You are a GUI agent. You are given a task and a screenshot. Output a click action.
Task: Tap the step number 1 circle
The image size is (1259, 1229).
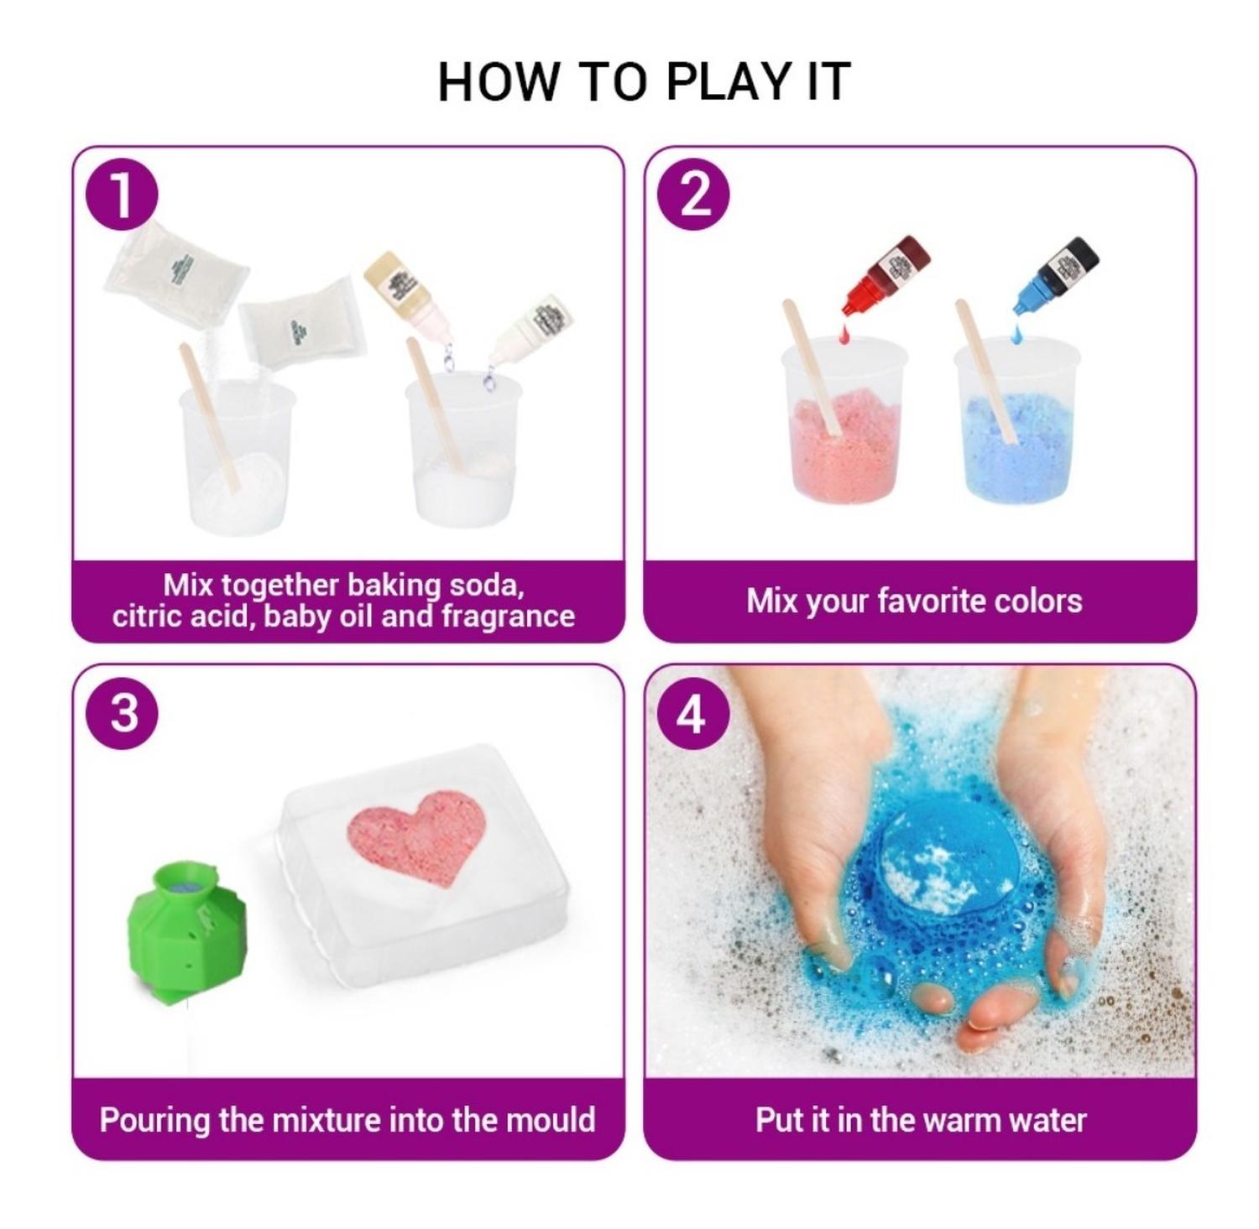[x=123, y=195]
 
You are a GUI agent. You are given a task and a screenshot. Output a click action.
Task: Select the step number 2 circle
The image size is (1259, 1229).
[x=693, y=195]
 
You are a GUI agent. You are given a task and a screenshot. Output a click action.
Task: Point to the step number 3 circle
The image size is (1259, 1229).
[x=123, y=713]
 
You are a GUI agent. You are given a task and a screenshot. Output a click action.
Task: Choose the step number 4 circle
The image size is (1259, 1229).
[x=692, y=714]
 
